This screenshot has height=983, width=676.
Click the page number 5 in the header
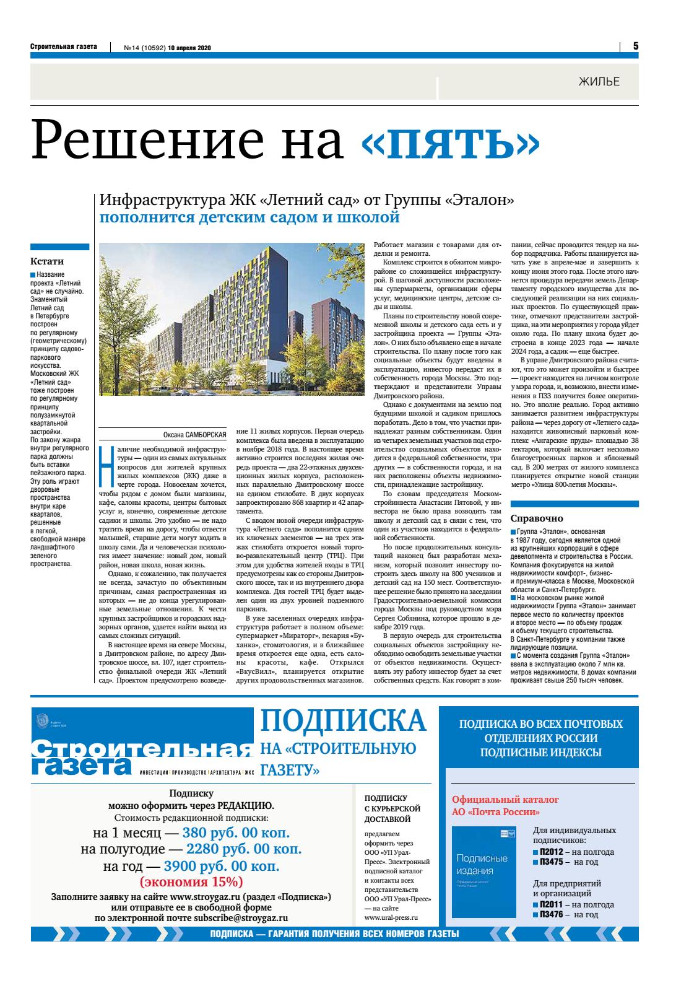click(635, 46)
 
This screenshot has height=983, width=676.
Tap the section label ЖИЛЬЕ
click(599, 81)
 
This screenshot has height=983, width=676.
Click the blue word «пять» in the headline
click(450, 141)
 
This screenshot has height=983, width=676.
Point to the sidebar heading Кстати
click(47, 261)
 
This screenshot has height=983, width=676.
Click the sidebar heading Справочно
click(536, 518)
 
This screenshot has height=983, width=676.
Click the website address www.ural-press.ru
click(391, 918)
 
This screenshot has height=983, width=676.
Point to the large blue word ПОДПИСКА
click(343, 721)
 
